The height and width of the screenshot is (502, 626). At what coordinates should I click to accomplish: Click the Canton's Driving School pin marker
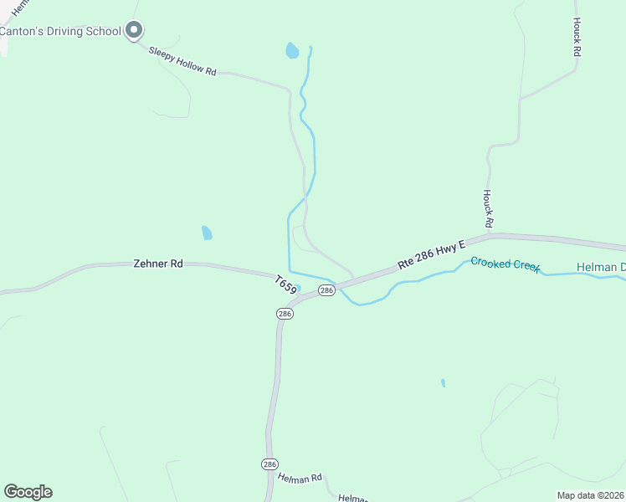(134, 31)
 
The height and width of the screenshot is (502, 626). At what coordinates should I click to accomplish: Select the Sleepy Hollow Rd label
(182, 62)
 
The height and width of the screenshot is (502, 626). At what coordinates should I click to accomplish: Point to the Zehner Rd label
(158, 264)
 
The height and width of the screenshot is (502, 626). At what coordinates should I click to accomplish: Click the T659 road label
(285, 284)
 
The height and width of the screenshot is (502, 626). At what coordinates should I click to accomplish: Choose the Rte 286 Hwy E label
(431, 252)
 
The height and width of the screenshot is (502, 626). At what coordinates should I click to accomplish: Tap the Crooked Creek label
(505, 264)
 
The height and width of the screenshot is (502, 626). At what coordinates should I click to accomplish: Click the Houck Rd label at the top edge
(577, 37)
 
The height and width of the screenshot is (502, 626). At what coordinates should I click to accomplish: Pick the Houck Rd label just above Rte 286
(489, 208)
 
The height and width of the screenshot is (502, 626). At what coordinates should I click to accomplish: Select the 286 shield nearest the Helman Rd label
(269, 464)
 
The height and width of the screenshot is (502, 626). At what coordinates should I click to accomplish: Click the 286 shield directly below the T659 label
(285, 313)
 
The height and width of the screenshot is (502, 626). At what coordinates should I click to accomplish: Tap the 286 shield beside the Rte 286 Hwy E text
(326, 290)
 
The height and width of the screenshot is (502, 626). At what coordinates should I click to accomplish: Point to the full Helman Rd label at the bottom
(300, 478)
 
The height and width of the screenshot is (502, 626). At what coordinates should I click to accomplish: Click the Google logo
(28, 492)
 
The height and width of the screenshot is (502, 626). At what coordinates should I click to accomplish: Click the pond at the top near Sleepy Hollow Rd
(291, 51)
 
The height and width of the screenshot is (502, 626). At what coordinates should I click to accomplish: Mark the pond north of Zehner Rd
(207, 233)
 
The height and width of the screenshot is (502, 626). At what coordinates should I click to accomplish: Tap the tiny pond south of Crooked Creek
(443, 383)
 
